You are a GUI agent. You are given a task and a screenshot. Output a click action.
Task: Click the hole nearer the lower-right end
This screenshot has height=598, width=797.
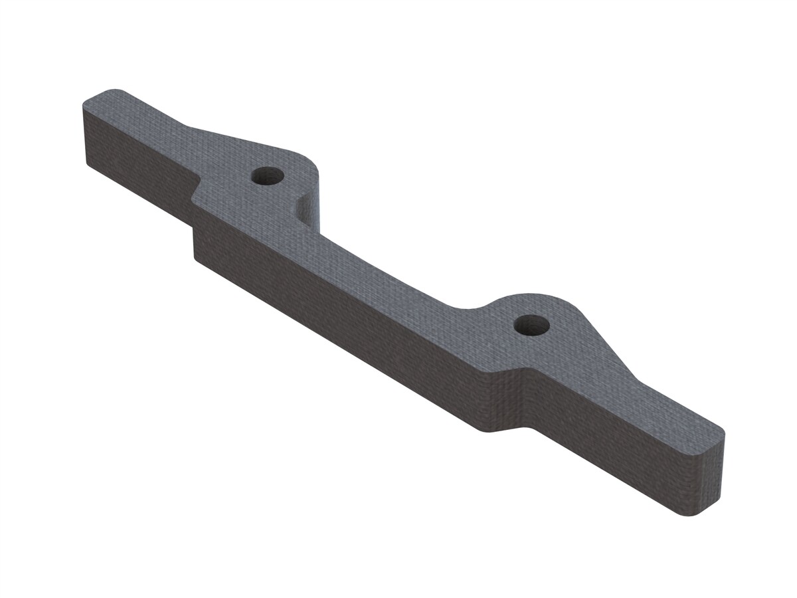point(532,325)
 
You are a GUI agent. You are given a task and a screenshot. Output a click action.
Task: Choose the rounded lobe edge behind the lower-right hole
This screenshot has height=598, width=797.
point(551,297)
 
